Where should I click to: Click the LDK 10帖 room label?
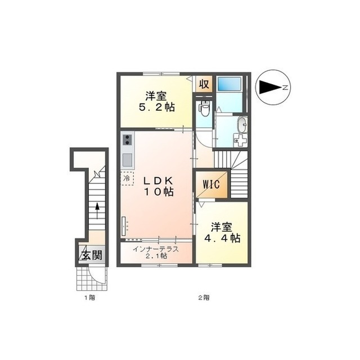pyautogui.click(x=158, y=186)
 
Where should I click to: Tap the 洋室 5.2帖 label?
pyautogui.click(x=156, y=101)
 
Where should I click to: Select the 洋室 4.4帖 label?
pyautogui.click(x=222, y=232)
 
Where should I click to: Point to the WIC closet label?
pyautogui.click(x=211, y=184)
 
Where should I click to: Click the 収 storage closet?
pyautogui.click(x=204, y=84)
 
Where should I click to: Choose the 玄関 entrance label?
pyautogui.click(x=92, y=255)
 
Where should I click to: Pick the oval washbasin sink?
pyautogui.click(x=242, y=124)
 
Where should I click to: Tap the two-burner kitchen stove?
pyautogui.click(x=128, y=140)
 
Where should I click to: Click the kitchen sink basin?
pyautogui.click(x=128, y=160)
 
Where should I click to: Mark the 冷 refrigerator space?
pyautogui.click(x=127, y=178)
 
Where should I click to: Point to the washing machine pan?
pyautogui.click(x=240, y=140)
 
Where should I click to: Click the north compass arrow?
pyautogui.click(x=270, y=87)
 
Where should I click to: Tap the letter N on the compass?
pyautogui.click(x=285, y=88)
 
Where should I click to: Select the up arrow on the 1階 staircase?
pyautogui.click(x=97, y=211)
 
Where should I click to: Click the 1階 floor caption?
pyautogui.click(x=90, y=298)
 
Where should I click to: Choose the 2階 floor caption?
pyautogui.click(x=204, y=298)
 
